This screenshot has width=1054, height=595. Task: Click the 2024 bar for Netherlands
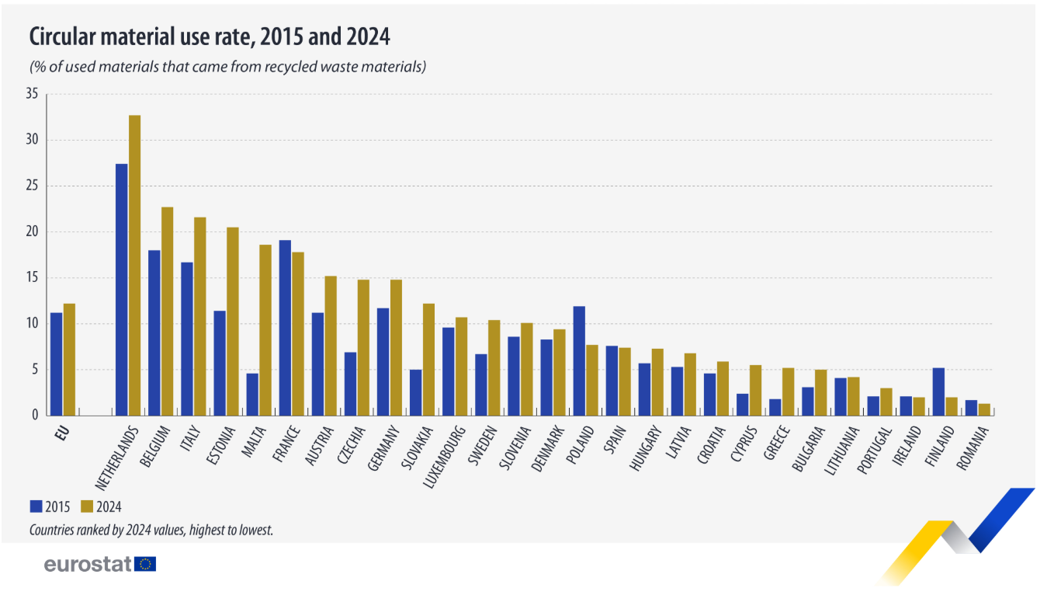pyautogui.click(x=134, y=265)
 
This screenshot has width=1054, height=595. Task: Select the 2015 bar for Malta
pyautogui.click(x=252, y=394)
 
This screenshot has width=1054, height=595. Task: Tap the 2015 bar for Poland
pyautogui.click(x=579, y=360)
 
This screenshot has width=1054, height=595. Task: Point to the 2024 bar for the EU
pyautogui.click(x=69, y=359)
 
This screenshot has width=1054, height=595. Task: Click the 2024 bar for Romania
pyautogui.click(x=984, y=409)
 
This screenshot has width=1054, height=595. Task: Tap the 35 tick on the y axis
pyautogui.click(x=32, y=94)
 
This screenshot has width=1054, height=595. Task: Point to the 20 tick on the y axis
pyautogui.click(x=32, y=232)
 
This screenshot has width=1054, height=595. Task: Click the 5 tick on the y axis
pyautogui.click(x=34, y=370)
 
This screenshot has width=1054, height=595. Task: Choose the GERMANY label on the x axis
pyautogui.click(x=383, y=451)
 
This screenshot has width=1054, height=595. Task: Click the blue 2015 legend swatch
pyautogui.click(x=36, y=506)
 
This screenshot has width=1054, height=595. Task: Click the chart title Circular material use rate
pyautogui.click(x=210, y=37)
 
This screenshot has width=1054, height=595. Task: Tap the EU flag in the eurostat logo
pyautogui.click(x=145, y=564)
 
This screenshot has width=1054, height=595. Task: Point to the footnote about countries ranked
pyautogui.click(x=151, y=530)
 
